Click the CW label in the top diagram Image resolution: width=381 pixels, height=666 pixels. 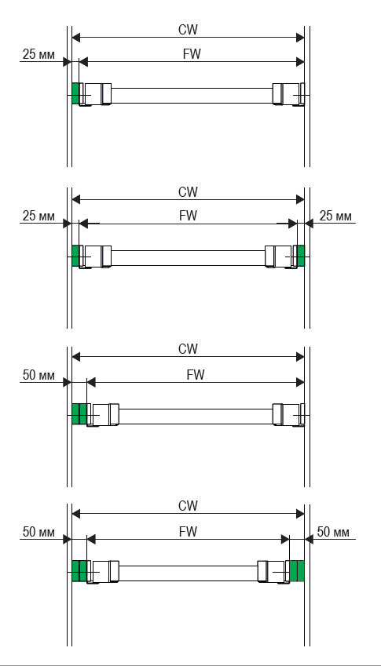[188, 30]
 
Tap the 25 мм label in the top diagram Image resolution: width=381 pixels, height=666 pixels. [38, 55]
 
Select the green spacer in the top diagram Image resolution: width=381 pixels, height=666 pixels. [75, 93]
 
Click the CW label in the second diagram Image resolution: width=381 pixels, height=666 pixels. [188, 192]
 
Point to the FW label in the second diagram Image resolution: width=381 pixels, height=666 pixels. [188, 216]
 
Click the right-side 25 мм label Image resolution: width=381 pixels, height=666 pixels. [335, 217]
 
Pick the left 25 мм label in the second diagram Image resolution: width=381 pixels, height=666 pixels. [38, 217]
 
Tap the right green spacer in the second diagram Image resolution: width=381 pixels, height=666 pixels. [301, 256]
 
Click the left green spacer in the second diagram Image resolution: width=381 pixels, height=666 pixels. [75, 256]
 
